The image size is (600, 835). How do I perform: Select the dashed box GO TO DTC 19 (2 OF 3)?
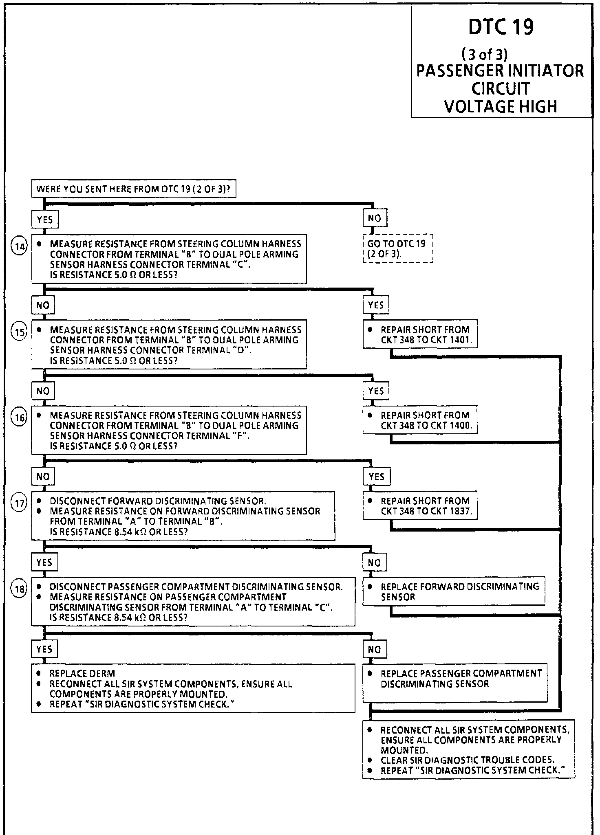coord(397,248)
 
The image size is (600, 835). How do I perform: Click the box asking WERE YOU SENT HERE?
coord(134,189)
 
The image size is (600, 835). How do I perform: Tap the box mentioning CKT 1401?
coord(420,334)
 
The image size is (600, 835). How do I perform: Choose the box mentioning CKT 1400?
coord(420,420)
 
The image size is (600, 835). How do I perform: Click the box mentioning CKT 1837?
coord(420,505)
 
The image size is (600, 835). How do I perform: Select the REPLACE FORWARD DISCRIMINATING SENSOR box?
coord(454,591)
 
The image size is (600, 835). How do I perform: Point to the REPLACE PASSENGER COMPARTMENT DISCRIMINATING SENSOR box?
coord(454,683)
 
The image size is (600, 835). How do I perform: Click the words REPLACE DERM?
coord(82,674)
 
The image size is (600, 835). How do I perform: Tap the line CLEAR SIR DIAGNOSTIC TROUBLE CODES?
coord(467,760)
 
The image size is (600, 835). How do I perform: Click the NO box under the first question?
coord(375,219)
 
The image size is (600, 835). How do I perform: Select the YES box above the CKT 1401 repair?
coord(376,305)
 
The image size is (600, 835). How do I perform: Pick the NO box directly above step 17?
coord(43,477)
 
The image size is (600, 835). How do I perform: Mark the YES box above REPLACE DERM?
coord(44,649)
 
